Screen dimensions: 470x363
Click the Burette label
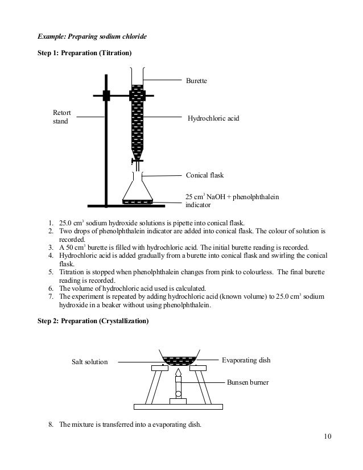tap(197, 81)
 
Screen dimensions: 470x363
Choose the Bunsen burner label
tap(247, 382)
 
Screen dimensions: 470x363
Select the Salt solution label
tap(89, 361)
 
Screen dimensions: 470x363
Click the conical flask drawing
tap(138, 190)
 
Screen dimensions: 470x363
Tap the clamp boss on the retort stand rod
tap(106, 95)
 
